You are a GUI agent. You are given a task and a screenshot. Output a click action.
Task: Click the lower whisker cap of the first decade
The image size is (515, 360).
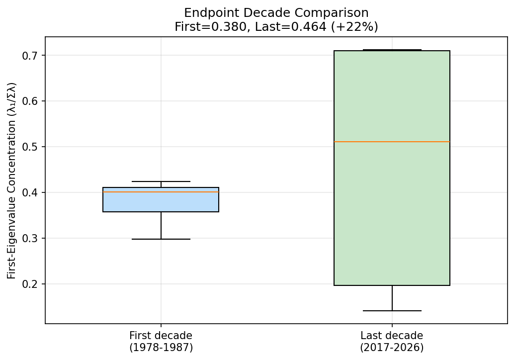click(x=161, y=239)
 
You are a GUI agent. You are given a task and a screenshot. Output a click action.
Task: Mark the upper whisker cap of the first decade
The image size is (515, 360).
click(x=161, y=181)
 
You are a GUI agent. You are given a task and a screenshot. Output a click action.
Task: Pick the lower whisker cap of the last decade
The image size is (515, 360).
click(x=392, y=311)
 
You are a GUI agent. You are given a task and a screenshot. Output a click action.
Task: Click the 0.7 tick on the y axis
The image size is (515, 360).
click(x=31, y=55)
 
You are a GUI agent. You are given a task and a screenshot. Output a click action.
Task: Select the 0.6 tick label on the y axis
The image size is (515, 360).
click(x=31, y=101)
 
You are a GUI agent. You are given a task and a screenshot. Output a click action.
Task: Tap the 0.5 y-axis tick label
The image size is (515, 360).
click(x=31, y=147)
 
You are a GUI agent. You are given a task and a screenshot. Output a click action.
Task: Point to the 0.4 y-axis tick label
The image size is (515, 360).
click(x=31, y=192)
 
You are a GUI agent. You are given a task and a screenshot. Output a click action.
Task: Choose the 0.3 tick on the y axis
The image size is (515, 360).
click(x=31, y=238)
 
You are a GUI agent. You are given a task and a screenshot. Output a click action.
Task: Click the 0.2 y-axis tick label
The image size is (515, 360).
click(x=31, y=284)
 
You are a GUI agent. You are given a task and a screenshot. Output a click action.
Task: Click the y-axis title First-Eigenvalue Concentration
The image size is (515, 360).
click(x=12, y=180)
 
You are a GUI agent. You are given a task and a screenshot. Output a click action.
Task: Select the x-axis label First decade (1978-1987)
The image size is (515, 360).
click(x=161, y=341)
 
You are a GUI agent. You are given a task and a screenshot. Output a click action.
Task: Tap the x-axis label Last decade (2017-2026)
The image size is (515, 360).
click(x=392, y=341)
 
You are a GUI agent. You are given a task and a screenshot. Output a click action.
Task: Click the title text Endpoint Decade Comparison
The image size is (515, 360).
click(x=276, y=13)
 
